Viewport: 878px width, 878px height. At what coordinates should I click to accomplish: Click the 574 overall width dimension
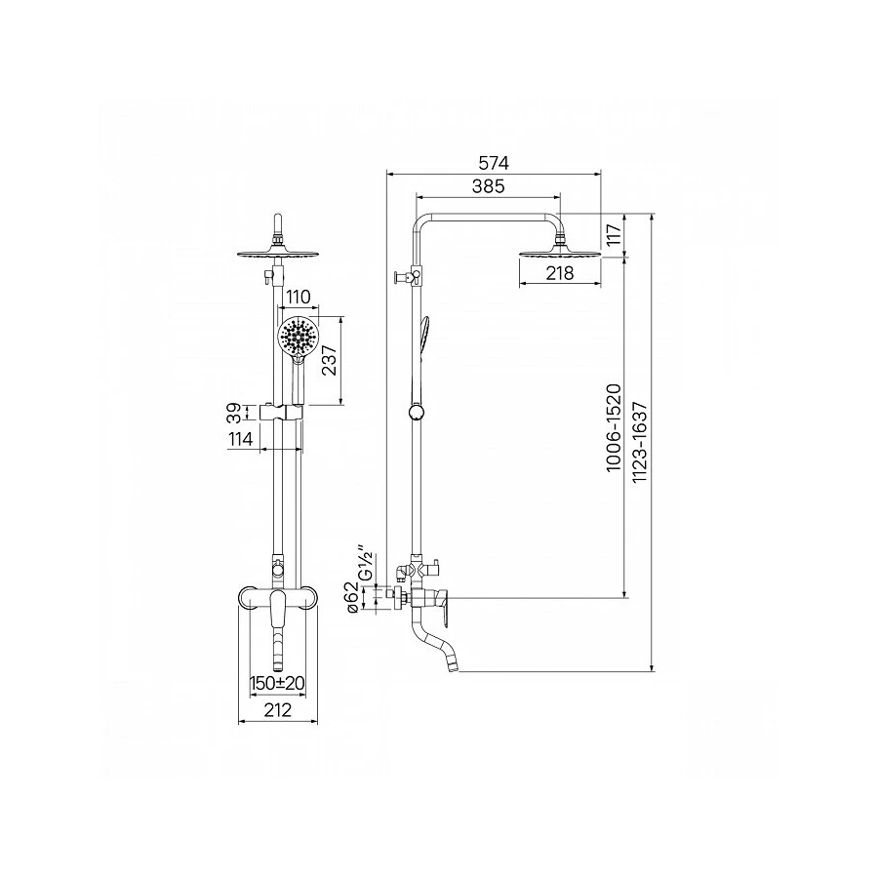[494, 163]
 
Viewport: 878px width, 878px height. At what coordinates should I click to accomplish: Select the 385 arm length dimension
[489, 186]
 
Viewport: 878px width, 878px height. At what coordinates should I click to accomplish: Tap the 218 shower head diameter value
[559, 273]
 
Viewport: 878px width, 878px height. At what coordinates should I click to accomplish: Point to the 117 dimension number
[615, 234]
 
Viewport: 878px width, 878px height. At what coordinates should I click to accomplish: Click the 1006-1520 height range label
[614, 427]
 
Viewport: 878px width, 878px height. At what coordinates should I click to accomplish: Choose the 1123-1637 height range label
[639, 442]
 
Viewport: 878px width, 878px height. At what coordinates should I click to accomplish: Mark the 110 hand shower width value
[298, 297]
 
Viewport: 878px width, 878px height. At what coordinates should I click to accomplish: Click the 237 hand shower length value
[330, 360]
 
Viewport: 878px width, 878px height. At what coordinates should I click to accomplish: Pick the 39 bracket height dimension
[235, 414]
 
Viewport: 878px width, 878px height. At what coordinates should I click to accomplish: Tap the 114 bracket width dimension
[241, 440]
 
